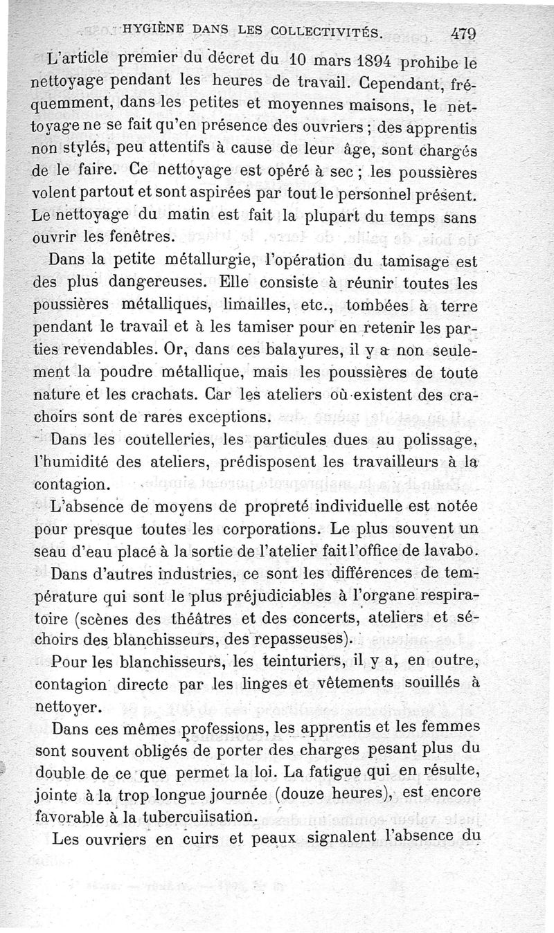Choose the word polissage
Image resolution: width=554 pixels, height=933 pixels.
click(x=431, y=440)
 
